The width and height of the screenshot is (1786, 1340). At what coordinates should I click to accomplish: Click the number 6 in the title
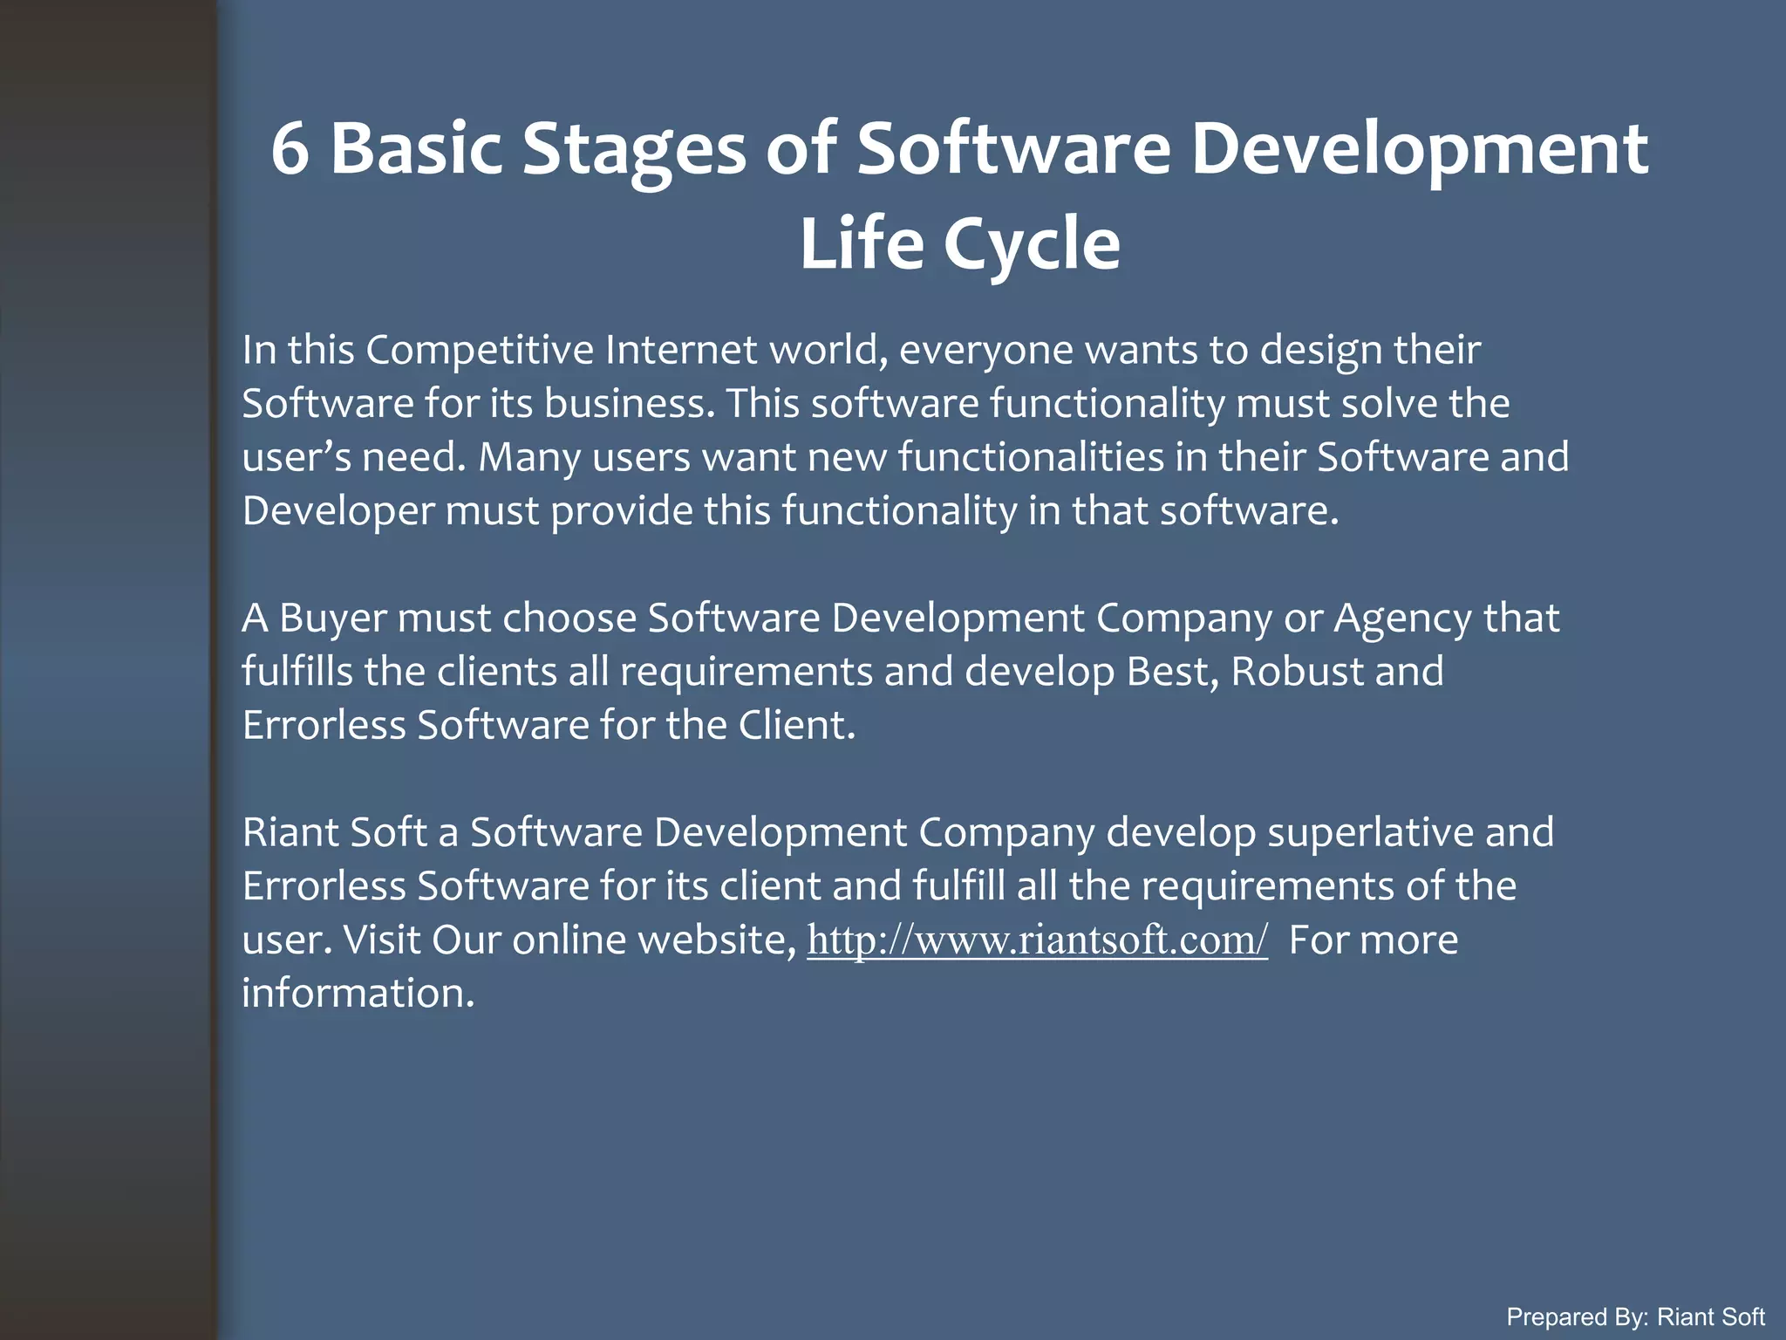290,148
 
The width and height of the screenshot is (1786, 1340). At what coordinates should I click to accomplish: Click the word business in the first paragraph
624,404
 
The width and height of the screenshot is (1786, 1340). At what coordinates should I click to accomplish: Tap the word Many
529,458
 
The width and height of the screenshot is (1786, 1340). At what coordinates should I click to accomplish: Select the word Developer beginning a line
337,511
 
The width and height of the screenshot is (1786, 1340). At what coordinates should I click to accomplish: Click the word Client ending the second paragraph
796,726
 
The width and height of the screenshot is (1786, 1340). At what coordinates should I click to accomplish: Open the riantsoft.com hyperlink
1037,940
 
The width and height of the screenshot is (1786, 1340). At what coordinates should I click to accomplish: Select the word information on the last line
358,994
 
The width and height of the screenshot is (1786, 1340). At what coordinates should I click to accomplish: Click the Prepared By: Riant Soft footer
1635,1316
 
